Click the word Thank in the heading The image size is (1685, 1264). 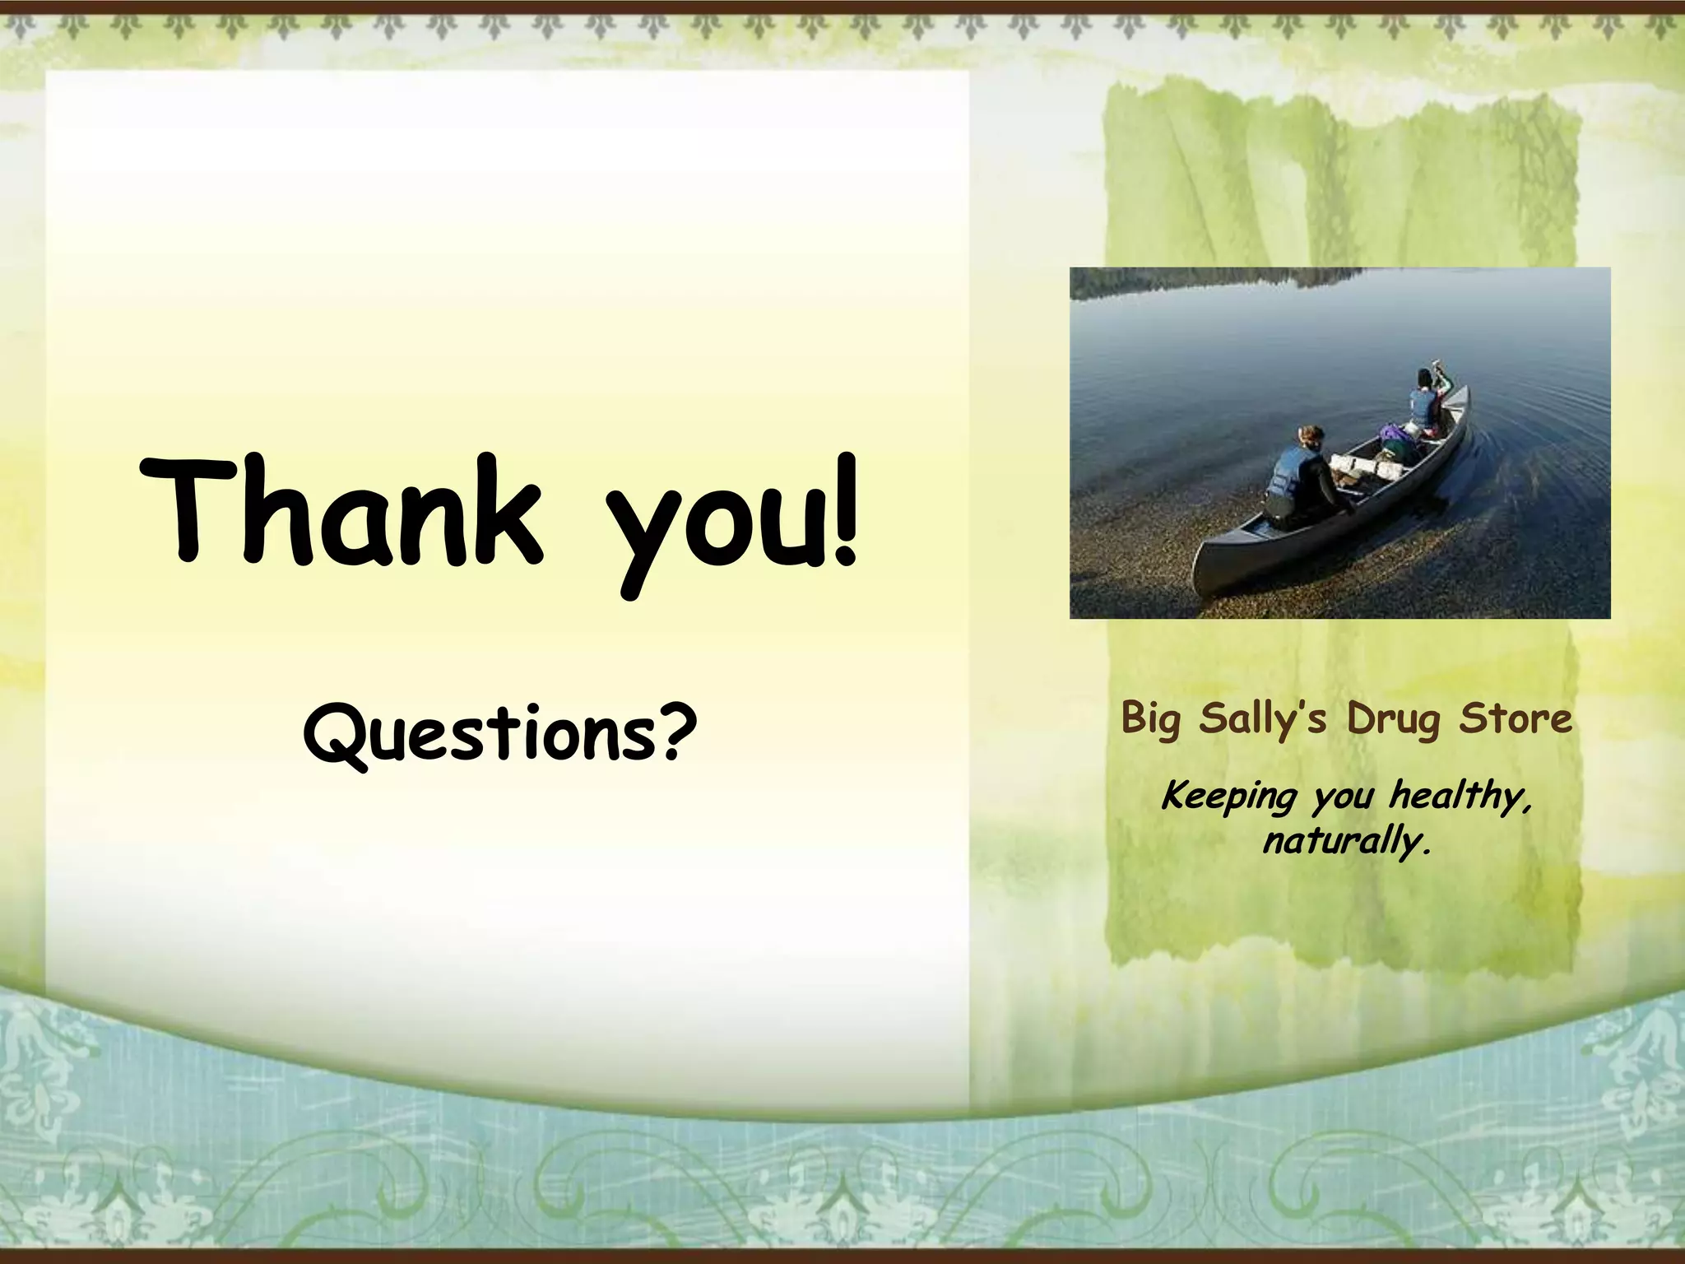coord(341,512)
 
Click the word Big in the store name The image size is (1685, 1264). coord(1151,719)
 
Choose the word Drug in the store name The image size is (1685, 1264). coord(1393,719)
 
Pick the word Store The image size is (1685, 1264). coord(1516,718)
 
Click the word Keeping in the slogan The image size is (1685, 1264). coord(1228,797)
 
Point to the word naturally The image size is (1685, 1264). coord(1347,841)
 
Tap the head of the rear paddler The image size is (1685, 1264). coord(1310,436)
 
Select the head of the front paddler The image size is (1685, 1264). coord(1425,378)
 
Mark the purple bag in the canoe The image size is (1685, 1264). coord(1392,433)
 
